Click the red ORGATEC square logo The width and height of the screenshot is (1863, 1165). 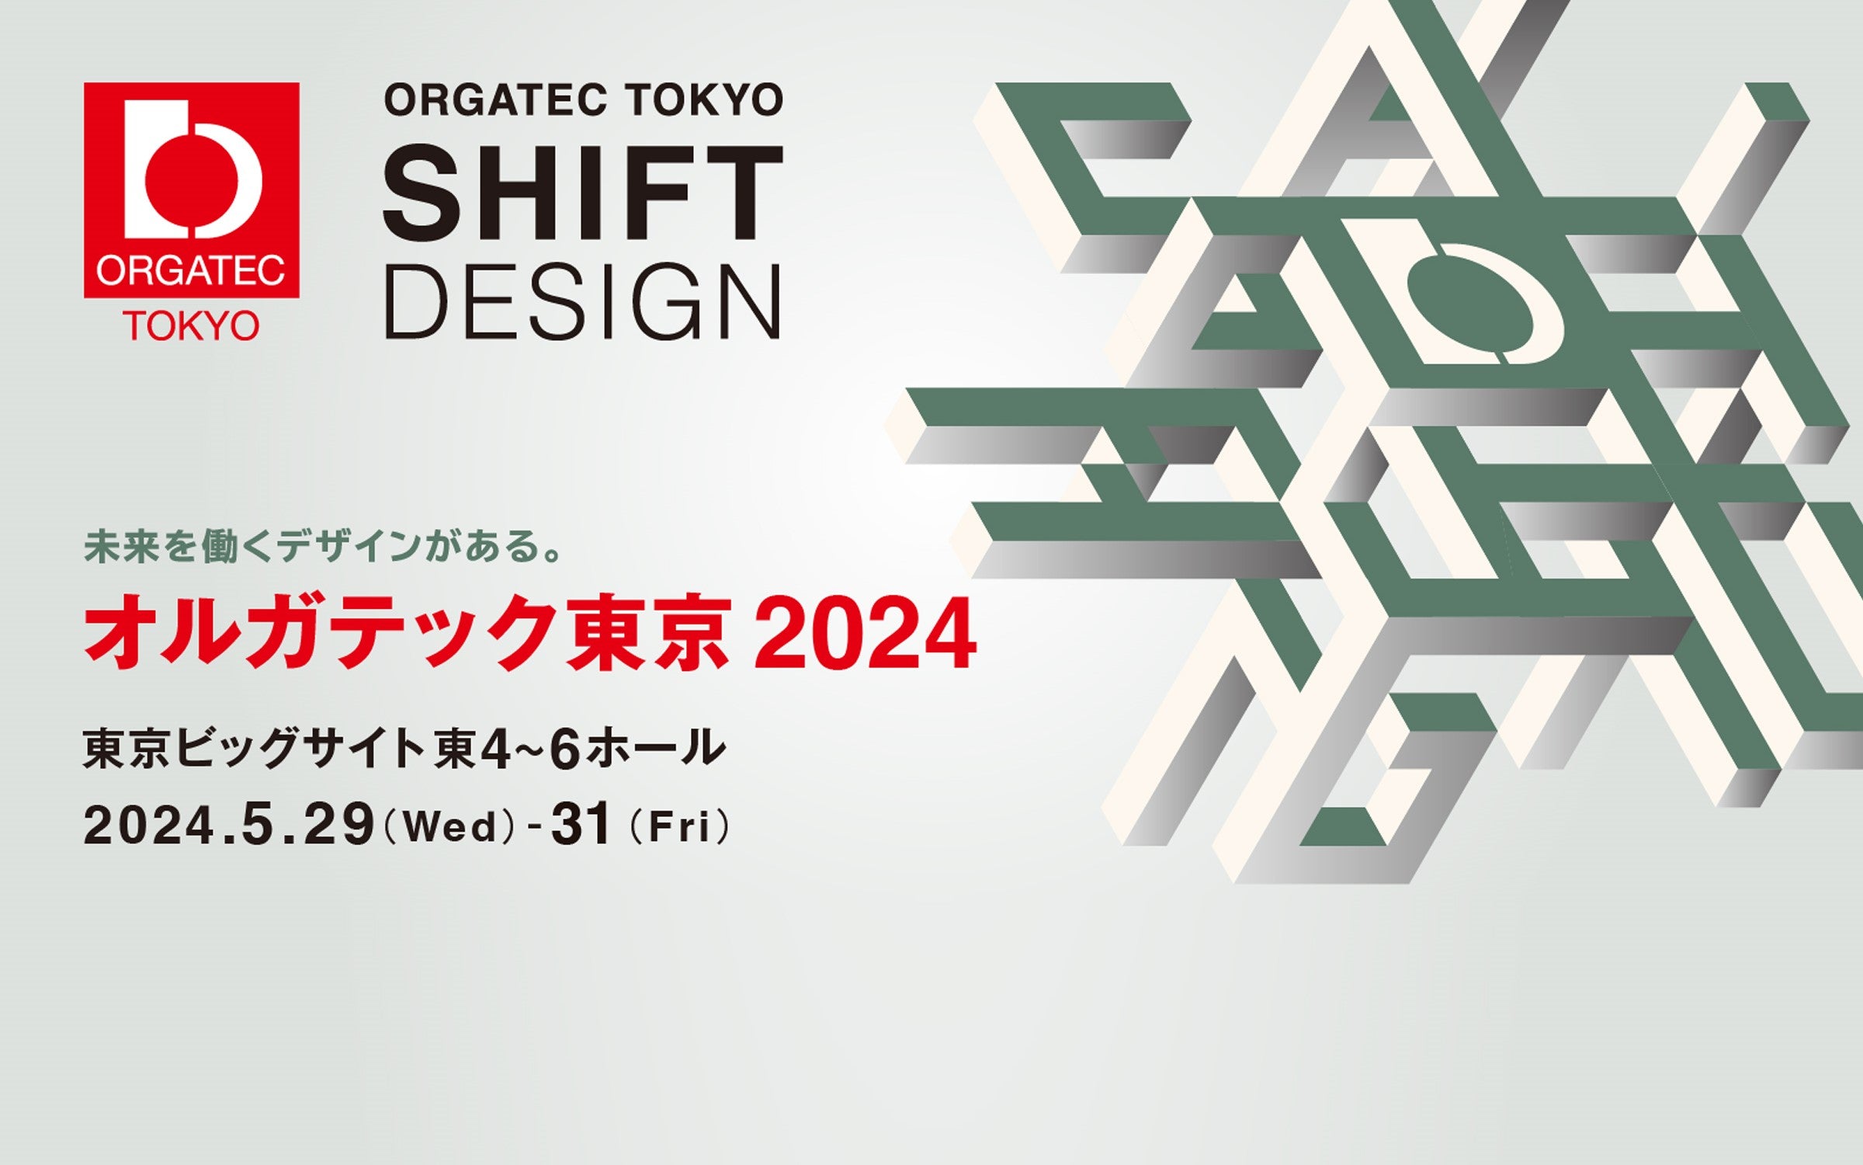point(192,190)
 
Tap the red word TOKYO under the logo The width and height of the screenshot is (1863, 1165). point(192,326)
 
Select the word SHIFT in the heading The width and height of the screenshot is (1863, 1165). point(583,194)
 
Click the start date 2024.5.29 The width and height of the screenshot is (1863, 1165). point(229,825)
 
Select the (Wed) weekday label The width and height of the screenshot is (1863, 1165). point(449,826)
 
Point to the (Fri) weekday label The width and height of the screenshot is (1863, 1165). point(680,826)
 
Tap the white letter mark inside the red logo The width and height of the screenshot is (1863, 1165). point(192,169)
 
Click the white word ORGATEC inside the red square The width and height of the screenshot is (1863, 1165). point(192,272)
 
